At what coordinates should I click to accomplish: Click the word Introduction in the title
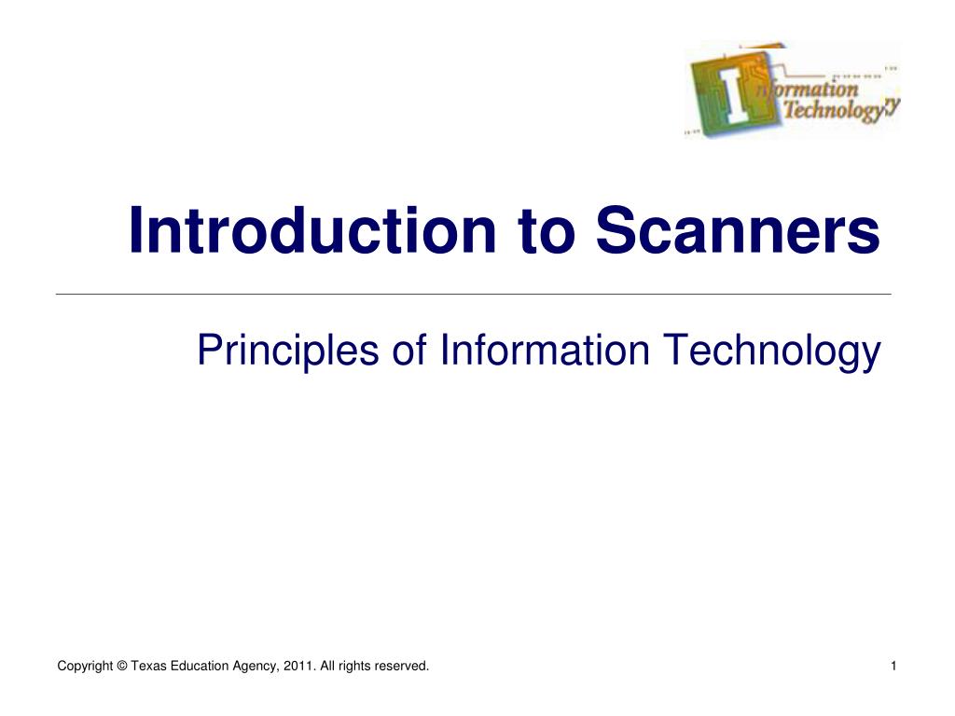(312, 230)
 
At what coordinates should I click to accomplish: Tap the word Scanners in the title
(738, 230)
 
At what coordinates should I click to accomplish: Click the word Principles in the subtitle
(287, 351)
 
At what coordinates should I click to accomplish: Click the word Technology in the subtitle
(771, 351)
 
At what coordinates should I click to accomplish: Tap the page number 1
(893, 666)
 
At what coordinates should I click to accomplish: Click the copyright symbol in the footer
(122, 666)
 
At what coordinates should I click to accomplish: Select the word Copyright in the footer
(85, 667)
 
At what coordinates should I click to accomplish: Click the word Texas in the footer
(148, 666)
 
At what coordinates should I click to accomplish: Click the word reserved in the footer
(401, 666)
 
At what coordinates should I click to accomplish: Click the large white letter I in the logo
(735, 96)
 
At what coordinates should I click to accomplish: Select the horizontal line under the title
(473, 295)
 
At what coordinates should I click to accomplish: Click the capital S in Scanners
(618, 230)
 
